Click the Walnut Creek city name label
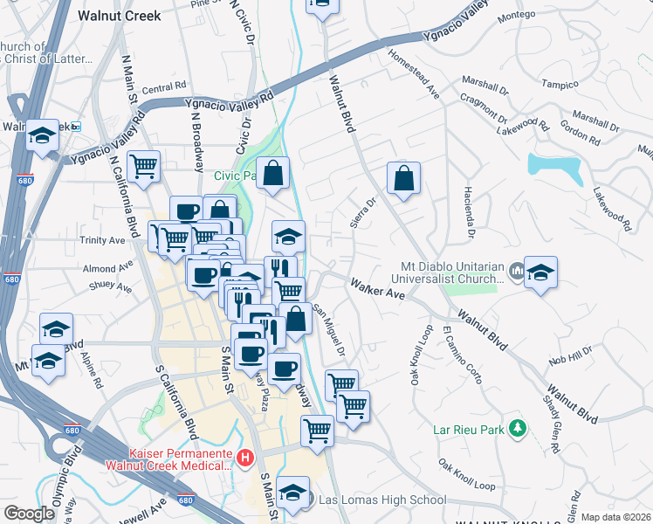pos(113,16)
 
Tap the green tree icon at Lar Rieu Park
pos(518,428)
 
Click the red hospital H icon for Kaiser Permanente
pos(246,457)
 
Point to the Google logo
pos(29,514)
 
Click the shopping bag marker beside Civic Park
pos(273,175)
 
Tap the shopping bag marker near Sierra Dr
pos(404,178)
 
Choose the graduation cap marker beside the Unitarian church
pos(540,272)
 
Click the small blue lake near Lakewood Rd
pos(554,167)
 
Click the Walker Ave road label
pos(378,290)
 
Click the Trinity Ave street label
pos(102,240)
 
